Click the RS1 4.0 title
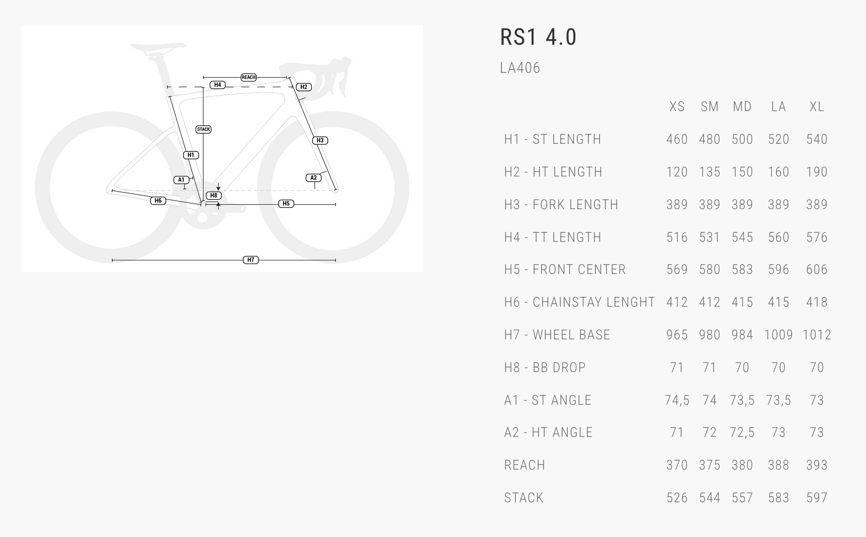[x=538, y=37]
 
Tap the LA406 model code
[x=520, y=68]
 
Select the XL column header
[x=817, y=107]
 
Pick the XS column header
[x=677, y=107]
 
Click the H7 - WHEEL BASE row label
[x=557, y=335]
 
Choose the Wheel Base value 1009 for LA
[x=778, y=335]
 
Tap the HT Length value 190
[x=817, y=172]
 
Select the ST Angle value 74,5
[x=677, y=400]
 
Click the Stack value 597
[x=817, y=498]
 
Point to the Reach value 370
[x=677, y=465]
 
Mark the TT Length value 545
[x=742, y=237]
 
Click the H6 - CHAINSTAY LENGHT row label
[x=579, y=302]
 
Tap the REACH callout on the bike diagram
[x=248, y=77]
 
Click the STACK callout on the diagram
[x=204, y=129]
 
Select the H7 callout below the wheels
[x=250, y=260]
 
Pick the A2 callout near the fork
[x=313, y=177]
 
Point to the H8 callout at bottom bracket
[x=214, y=196]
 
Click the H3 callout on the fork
[x=320, y=140]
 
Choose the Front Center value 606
[x=817, y=270]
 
